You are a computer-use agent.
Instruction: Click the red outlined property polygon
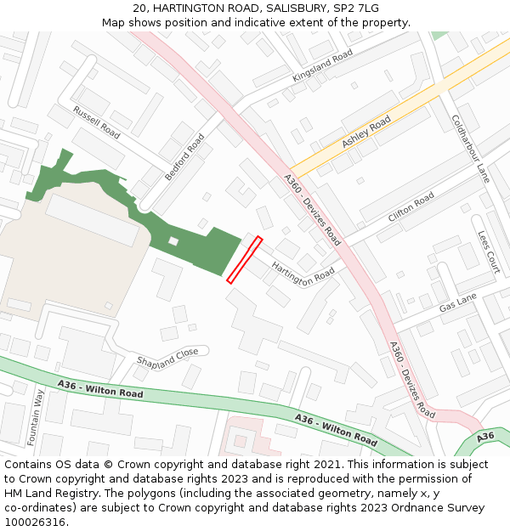pos(244,260)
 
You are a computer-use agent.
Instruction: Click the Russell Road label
pos(96,122)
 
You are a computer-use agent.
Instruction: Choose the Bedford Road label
pos(184,156)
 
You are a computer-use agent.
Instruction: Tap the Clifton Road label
pos(411,206)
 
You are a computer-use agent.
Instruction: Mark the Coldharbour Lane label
pos(470,149)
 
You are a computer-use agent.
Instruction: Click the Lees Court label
pos(488,252)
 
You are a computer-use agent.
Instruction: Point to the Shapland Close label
pos(167,354)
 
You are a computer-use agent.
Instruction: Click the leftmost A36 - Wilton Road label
pos(100,390)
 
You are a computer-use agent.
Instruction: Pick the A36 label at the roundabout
pos(484,437)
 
